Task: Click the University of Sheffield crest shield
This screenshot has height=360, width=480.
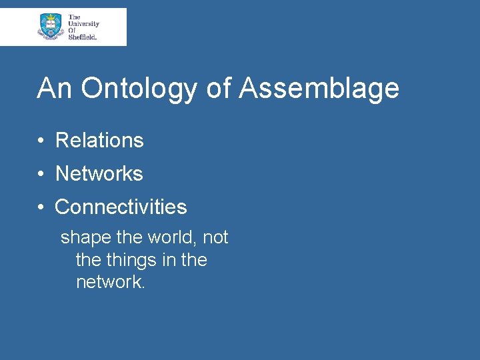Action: (51, 26)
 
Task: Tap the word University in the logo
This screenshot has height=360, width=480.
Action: (83, 24)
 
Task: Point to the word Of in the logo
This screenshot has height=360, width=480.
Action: (72, 31)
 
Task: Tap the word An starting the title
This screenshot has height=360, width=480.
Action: (53, 88)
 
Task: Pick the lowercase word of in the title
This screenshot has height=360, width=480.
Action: (217, 88)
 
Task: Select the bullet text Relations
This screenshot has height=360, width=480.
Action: (99, 140)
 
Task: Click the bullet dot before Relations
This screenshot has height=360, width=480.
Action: (41, 141)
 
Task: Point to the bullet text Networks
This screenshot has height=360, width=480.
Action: (99, 173)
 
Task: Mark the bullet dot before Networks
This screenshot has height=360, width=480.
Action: (41, 174)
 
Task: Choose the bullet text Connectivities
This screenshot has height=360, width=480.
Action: (121, 207)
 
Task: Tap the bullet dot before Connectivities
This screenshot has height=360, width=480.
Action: (41, 207)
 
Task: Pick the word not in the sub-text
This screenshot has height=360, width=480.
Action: (215, 237)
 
